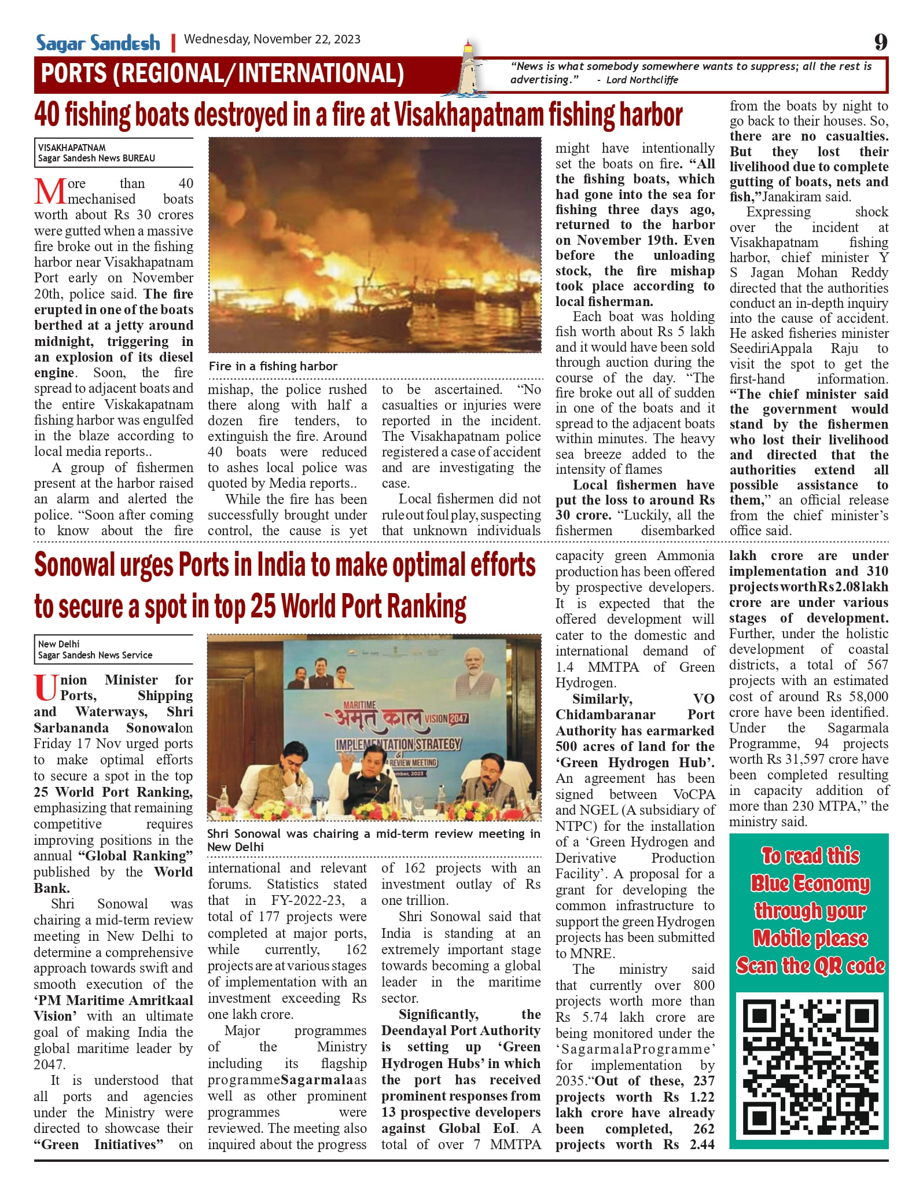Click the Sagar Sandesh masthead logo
(98, 43)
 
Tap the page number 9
(880, 42)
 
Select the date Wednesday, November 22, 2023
(272, 39)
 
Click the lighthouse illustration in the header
(472, 69)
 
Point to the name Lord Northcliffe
(642, 80)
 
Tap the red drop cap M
(50, 192)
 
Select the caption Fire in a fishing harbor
(273, 366)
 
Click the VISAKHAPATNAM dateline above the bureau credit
(72, 148)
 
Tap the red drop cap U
(46, 688)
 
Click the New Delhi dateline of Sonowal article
(59, 644)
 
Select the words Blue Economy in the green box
(810, 884)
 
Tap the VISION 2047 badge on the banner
(446, 718)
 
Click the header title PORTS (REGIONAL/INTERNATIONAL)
(223, 74)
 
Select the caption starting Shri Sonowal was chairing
(373, 840)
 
